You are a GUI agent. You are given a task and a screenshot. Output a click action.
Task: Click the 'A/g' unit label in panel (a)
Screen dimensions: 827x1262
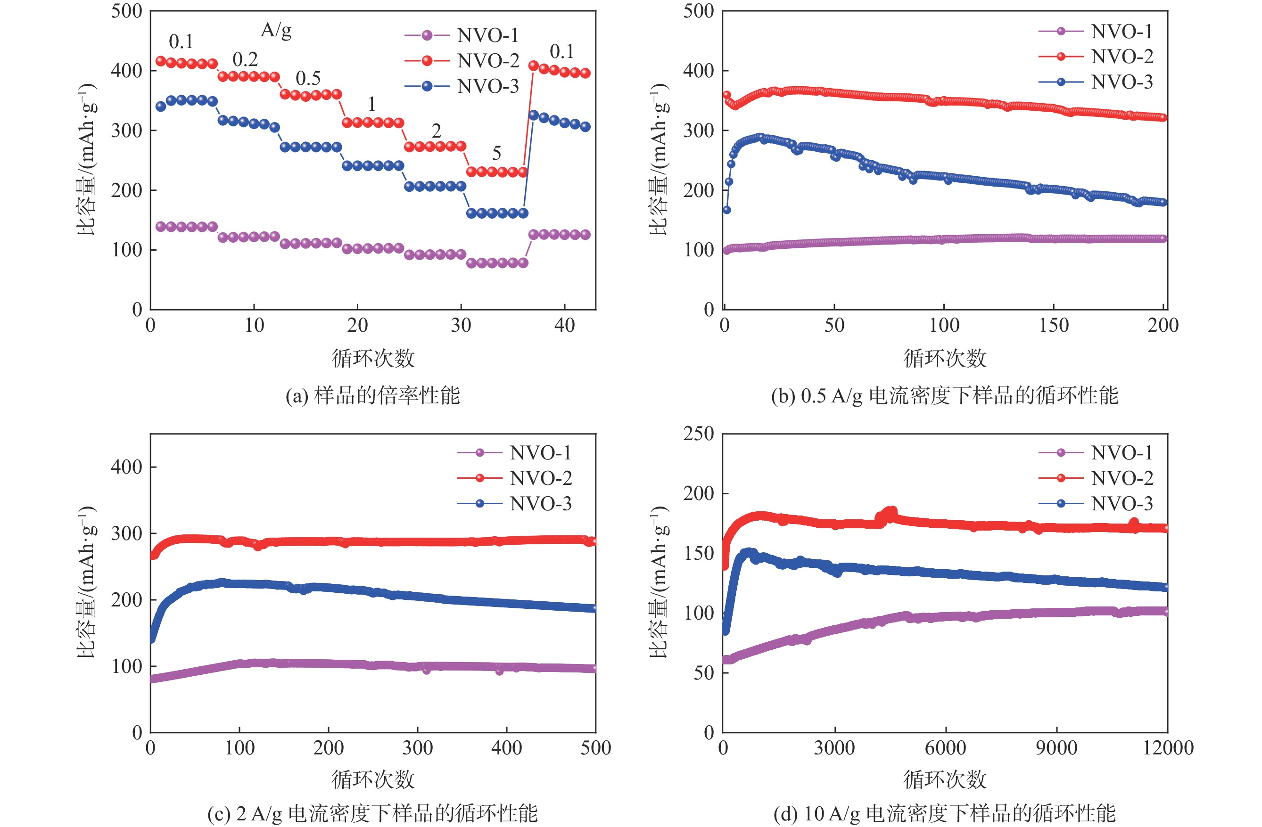pos(276,30)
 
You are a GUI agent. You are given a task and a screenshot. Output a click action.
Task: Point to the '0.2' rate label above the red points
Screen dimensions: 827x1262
pos(245,59)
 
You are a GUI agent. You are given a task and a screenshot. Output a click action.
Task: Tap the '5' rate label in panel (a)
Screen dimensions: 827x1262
pos(496,153)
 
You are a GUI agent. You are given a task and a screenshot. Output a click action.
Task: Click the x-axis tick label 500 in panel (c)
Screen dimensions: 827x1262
pos(595,748)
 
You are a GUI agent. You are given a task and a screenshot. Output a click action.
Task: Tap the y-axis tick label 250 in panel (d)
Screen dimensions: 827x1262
pos(698,434)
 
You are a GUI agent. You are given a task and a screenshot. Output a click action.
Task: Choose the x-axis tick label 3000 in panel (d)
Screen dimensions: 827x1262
pos(834,748)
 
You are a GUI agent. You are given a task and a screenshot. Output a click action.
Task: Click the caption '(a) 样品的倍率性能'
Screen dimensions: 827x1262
pos(373,395)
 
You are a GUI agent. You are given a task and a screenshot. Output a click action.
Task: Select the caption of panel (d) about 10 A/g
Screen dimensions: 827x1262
pos(944,813)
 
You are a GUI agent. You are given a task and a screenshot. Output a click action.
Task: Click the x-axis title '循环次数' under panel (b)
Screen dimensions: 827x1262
pos(944,358)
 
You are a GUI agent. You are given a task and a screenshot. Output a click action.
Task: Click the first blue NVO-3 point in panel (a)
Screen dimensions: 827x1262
pos(161,106)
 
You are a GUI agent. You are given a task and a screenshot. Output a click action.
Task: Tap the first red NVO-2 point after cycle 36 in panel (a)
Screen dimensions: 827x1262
pos(534,66)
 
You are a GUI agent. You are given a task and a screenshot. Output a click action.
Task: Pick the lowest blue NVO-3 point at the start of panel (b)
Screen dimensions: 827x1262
pos(726,210)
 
